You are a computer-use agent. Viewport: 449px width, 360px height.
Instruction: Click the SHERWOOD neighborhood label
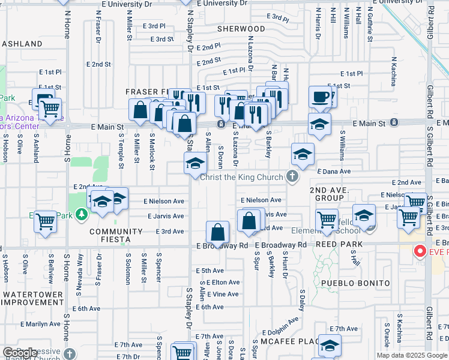click(x=241, y=29)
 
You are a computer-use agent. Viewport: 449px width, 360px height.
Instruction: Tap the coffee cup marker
click(x=321, y=97)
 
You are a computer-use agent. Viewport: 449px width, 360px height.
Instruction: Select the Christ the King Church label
click(x=241, y=177)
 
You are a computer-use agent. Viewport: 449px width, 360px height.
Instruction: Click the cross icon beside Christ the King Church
click(x=292, y=176)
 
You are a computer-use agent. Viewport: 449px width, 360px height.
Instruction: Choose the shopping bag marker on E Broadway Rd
click(x=217, y=232)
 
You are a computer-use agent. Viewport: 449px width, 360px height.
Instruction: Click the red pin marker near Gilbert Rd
click(x=420, y=251)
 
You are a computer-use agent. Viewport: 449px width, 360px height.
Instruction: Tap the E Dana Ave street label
click(x=334, y=171)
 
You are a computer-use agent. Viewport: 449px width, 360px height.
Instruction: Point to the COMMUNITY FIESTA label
click(x=110, y=235)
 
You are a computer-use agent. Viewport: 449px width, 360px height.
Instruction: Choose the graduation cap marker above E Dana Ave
click(x=303, y=154)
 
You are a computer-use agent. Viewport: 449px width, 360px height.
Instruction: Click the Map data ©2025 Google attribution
click(x=412, y=355)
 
